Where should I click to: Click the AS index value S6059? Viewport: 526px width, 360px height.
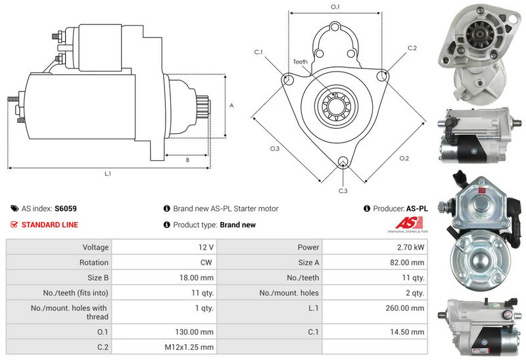point(66,208)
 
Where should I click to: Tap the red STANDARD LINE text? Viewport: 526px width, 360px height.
point(49,225)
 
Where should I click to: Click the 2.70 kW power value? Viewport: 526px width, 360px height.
point(411,248)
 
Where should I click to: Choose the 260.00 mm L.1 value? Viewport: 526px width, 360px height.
point(407,308)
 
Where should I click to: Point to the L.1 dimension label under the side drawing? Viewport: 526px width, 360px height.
point(108,174)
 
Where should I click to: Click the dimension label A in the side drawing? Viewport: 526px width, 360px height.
point(231,104)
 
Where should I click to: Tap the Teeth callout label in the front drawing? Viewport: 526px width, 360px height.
point(300,62)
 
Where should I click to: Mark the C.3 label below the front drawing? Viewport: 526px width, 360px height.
point(343,191)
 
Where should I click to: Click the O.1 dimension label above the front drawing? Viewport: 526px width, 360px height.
point(335,7)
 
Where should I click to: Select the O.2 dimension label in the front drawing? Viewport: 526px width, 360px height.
point(404,158)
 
